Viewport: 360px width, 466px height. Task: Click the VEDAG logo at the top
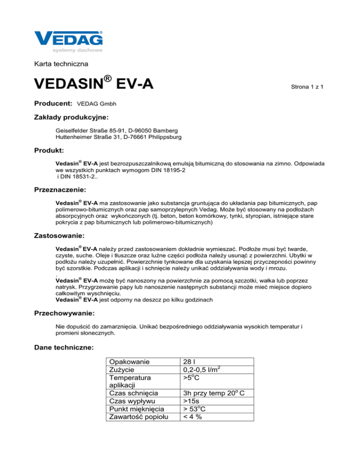click(x=68, y=39)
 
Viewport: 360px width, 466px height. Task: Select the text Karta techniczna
click(x=61, y=63)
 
